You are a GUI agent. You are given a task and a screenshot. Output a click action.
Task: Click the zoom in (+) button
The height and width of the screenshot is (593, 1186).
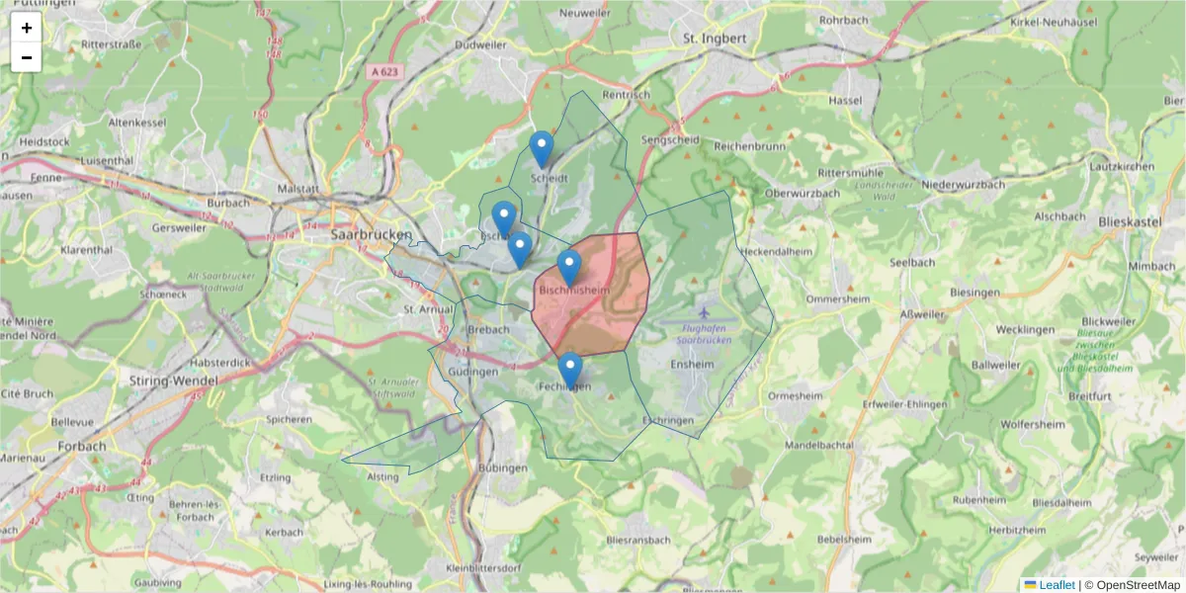click(x=27, y=28)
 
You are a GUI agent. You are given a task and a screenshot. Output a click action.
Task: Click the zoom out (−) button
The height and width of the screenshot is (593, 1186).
click(x=27, y=57)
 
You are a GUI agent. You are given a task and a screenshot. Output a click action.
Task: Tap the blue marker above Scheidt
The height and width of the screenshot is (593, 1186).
click(x=541, y=149)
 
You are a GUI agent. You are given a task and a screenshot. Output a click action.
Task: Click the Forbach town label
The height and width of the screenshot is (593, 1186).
click(x=83, y=446)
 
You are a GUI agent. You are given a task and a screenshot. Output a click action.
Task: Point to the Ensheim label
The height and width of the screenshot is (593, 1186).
click(x=692, y=364)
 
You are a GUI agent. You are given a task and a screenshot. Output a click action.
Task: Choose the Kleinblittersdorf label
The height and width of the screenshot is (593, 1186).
click(x=483, y=568)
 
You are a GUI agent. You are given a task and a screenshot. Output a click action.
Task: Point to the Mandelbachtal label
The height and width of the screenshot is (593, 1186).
click(x=818, y=446)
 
